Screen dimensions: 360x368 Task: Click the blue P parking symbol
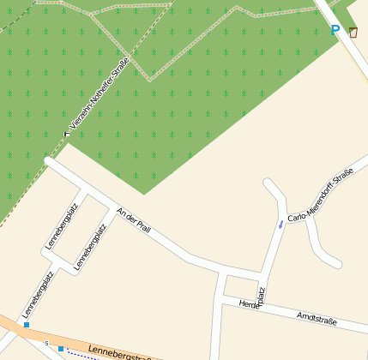[x=335, y=31]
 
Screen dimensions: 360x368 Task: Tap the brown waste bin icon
[x=353, y=33]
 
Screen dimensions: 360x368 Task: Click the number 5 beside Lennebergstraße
[x=47, y=343]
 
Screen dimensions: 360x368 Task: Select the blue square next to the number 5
[x=61, y=348]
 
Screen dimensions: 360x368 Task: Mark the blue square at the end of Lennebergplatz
[x=27, y=325]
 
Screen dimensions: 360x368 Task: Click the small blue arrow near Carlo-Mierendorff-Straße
[x=280, y=225]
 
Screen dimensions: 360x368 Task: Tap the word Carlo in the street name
[x=297, y=217]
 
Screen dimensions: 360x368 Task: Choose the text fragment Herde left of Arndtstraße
[x=248, y=304]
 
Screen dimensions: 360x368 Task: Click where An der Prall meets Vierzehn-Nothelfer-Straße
[x=50, y=160]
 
